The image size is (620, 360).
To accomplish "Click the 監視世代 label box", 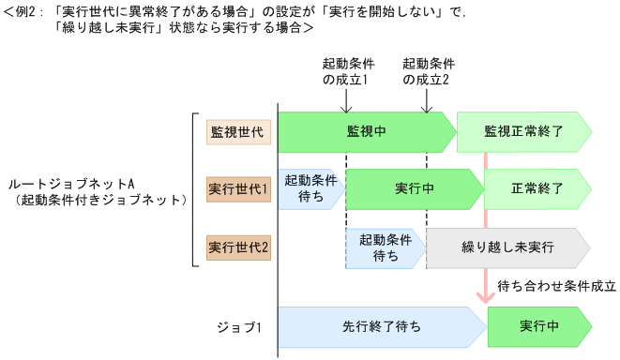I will click(x=238, y=131).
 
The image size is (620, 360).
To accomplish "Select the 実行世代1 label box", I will click(x=238, y=188).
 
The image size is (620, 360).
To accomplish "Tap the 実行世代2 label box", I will click(x=238, y=248).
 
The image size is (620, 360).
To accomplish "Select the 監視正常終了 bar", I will click(x=522, y=131).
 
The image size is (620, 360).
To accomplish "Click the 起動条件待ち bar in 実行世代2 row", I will click(x=385, y=248).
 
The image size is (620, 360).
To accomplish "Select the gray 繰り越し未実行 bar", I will click(x=507, y=248).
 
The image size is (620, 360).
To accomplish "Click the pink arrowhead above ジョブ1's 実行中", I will click(x=486, y=296).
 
